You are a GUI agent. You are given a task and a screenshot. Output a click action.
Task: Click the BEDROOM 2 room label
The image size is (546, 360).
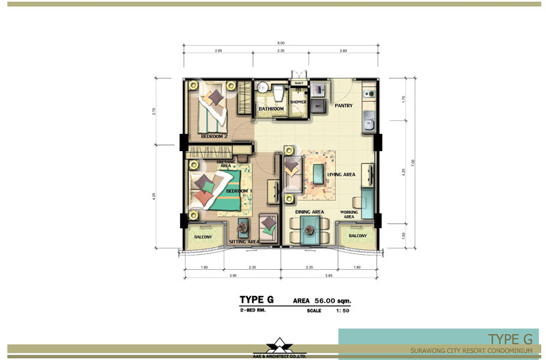point(214,137)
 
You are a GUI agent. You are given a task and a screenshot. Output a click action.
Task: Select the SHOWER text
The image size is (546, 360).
point(298,103)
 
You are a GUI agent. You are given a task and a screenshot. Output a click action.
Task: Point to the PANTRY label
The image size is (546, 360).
point(342,106)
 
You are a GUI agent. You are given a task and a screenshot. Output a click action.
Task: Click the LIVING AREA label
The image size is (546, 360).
point(341,175)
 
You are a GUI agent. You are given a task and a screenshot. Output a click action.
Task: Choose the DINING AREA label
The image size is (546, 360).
point(309,212)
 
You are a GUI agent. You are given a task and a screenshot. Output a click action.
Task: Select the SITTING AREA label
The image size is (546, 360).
point(244,241)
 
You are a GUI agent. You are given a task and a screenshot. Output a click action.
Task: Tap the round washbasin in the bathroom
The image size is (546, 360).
point(262,87)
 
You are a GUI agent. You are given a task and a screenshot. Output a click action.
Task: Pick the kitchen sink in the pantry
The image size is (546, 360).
point(369,124)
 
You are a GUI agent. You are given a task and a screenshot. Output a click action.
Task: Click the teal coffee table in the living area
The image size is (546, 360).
point(319,172)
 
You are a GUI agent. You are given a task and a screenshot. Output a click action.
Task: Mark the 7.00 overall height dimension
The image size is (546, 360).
point(403,162)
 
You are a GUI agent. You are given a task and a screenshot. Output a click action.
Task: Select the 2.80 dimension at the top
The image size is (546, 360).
point(343,51)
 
